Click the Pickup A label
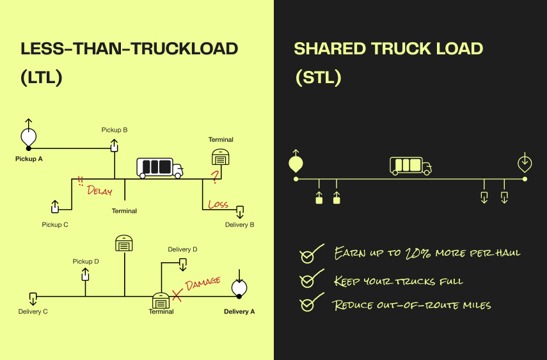click(29, 159)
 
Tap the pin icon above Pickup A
click(28, 135)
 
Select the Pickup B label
click(115, 130)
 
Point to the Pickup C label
click(55, 224)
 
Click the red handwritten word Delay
click(99, 190)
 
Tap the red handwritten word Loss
click(218, 205)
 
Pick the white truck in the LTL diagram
click(159, 168)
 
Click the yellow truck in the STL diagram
click(410, 166)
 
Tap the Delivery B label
click(240, 224)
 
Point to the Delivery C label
click(33, 311)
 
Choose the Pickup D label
click(86, 262)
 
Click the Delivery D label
click(182, 249)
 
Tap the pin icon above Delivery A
click(238, 288)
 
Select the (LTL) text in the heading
click(41, 78)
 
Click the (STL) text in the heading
click(318, 78)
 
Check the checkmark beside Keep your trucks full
click(307, 281)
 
